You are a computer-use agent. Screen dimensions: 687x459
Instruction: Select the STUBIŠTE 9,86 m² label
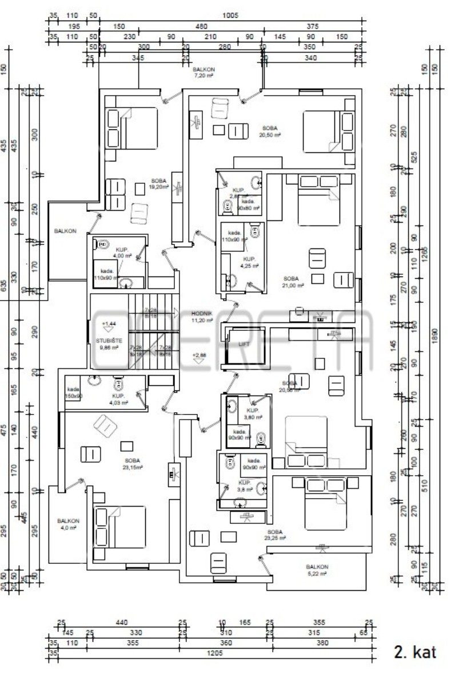pyautogui.click(x=107, y=344)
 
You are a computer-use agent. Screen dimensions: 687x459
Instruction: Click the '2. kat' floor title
pyautogui.click(x=415, y=652)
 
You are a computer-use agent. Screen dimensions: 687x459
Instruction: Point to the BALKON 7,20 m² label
pyautogui.click(x=203, y=72)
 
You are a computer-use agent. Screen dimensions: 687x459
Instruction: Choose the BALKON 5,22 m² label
pyautogui.click(x=317, y=570)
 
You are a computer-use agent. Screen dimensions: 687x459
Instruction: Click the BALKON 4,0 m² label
pyautogui.click(x=67, y=524)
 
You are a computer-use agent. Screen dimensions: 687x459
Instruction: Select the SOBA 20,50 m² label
pyautogui.click(x=270, y=132)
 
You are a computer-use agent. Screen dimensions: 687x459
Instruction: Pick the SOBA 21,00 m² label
pyautogui.click(x=291, y=282)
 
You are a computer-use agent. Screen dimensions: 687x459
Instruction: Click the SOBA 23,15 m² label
pyautogui.click(x=133, y=464)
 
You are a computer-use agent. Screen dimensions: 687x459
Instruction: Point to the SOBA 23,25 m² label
pyautogui.click(x=274, y=535)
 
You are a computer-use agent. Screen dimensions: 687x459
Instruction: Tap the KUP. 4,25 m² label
pyautogui.click(x=250, y=262)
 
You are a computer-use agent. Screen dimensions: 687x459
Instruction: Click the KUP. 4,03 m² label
pyautogui.click(x=119, y=399)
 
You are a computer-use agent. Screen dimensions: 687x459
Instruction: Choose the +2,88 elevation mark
pyautogui.click(x=199, y=355)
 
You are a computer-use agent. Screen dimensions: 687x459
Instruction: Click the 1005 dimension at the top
pyautogui.click(x=232, y=16)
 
